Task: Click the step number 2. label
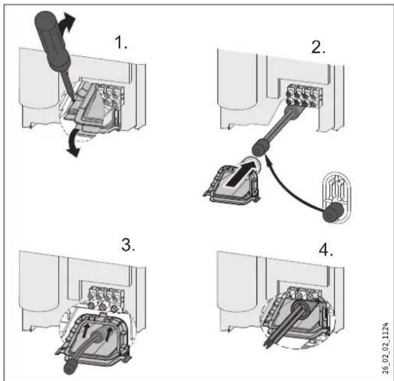[318, 47]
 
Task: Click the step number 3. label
[128, 245]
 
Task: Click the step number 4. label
[326, 250]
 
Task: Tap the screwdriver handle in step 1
[52, 40]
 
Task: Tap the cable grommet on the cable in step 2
[261, 147]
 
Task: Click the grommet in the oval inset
[333, 213]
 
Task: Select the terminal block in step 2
[302, 96]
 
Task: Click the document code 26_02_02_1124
[386, 348]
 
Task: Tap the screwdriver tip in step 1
[73, 100]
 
